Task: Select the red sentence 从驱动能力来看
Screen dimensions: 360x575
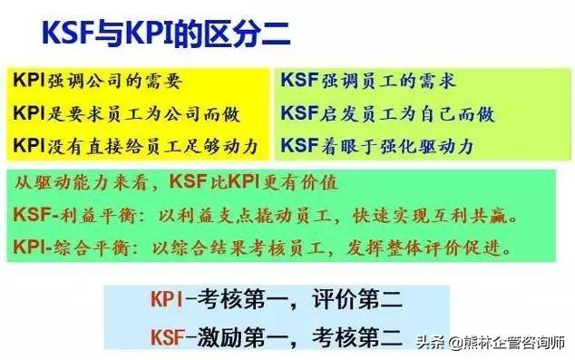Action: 85,183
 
